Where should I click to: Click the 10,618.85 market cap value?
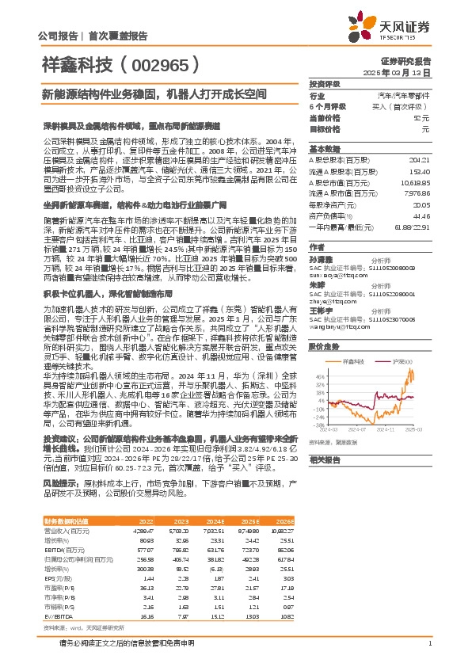(x=417, y=181)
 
